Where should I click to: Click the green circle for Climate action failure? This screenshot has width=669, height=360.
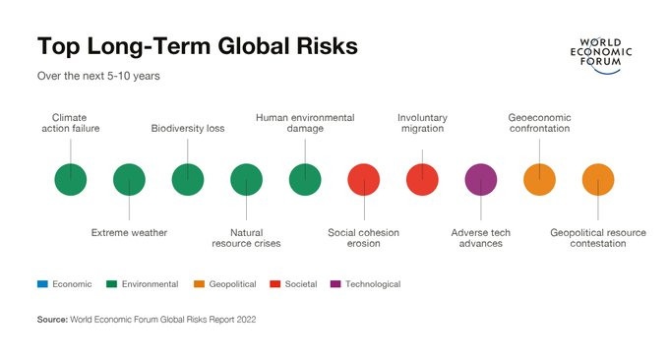click(71, 180)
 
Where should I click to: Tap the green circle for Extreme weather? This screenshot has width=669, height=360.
click(129, 180)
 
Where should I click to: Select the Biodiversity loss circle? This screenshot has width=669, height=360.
click(188, 180)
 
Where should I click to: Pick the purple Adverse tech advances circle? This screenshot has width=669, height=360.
click(481, 180)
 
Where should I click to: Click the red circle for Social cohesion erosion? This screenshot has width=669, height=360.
click(363, 180)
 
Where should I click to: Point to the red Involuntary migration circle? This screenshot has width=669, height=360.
click(422, 180)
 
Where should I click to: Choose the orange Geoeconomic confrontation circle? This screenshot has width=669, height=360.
click(540, 180)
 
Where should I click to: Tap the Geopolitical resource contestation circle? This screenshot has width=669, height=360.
click(598, 180)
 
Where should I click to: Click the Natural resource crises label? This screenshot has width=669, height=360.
click(246, 238)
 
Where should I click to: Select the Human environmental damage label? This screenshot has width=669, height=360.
click(305, 123)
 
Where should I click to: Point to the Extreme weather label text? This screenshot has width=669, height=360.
click(129, 233)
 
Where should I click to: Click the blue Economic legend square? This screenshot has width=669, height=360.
click(42, 284)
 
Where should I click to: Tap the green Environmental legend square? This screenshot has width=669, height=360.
click(111, 284)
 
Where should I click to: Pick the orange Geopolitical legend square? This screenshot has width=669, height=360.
click(200, 284)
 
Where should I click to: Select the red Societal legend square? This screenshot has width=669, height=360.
click(275, 284)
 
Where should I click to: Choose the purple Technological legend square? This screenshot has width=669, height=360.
click(335, 284)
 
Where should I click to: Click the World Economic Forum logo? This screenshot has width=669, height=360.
click(601, 55)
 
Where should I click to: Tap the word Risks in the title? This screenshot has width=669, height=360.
click(328, 46)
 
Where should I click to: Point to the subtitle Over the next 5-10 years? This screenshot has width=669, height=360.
click(98, 76)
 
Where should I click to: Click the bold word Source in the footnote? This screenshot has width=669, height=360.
click(52, 320)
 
